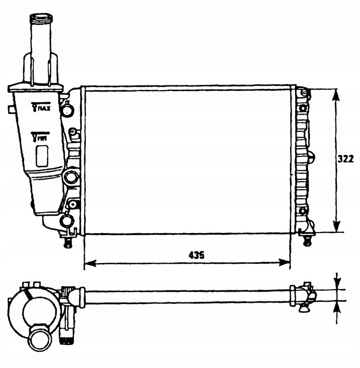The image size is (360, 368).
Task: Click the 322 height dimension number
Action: point(346,159)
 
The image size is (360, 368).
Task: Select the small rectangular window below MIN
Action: point(42,155)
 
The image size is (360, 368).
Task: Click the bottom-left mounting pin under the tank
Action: point(67,241)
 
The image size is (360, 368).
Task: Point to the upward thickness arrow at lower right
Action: point(337,307)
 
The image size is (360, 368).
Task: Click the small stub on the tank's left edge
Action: point(10,109)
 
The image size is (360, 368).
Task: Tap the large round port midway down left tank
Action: point(70,177)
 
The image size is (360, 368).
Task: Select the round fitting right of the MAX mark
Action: point(67,109)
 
